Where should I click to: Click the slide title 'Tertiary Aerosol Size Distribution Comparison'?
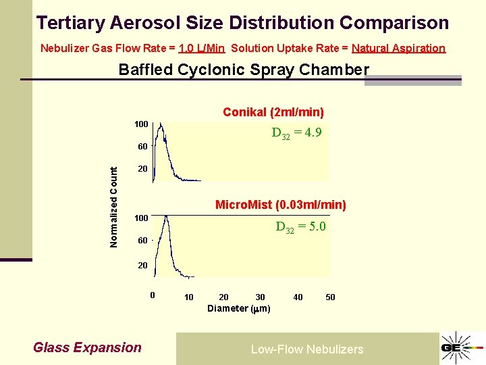pyautogui.click(x=242, y=23)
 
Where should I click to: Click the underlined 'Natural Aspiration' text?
pyautogui.click(x=398, y=48)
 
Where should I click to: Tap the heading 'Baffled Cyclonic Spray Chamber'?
pyautogui.click(x=244, y=70)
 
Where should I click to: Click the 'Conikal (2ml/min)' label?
pyautogui.click(x=273, y=112)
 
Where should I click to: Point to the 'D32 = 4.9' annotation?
pyautogui.click(x=296, y=134)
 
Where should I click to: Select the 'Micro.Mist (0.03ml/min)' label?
pyautogui.click(x=280, y=204)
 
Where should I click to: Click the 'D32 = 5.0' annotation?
pyautogui.click(x=300, y=227)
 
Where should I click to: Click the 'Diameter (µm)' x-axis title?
pyautogui.click(x=239, y=309)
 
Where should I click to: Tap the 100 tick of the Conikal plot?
pyautogui.click(x=141, y=124)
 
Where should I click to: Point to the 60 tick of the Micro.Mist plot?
pyautogui.click(x=142, y=241)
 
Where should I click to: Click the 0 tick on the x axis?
pyautogui.click(x=153, y=295)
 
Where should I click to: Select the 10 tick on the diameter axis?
pyautogui.click(x=189, y=297)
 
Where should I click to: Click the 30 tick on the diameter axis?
pyautogui.click(x=260, y=297)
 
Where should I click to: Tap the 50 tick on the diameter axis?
pyautogui.click(x=330, y=297)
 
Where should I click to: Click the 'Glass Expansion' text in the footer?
pyautogui.click(x=87, y=348)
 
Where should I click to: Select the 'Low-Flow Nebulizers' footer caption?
pyautogui.click(x=307, y=349)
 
